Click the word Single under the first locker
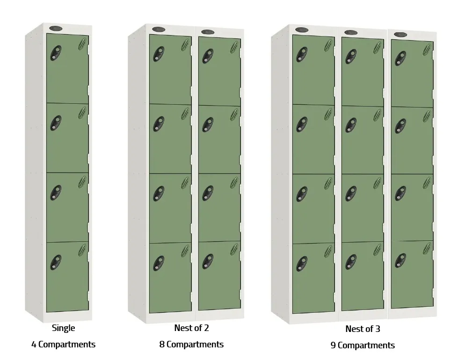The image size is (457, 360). pos(63,328)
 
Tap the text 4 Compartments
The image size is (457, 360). pos(63,345)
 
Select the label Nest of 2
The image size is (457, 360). pos(191,328)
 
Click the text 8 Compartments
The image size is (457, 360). pos(191,345)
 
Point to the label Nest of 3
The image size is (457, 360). pos(363,329)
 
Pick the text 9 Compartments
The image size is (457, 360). pos(363,346)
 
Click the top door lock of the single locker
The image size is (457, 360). pos(56,53)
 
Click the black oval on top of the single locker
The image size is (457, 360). pos(55,29)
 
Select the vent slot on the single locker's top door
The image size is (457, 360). pos(82,43)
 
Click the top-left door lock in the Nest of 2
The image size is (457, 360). pos(159,54)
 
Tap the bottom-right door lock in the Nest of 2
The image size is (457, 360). pos(208,261)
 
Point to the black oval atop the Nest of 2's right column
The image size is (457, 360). pos(208,32)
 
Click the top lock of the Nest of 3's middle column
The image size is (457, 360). pos(351,56)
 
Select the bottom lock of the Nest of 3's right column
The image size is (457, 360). pos(400,260)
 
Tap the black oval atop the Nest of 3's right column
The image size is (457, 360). pos(400,35)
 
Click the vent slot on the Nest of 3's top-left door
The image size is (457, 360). pos(328,45)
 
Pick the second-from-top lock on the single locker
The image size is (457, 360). pos(56,123)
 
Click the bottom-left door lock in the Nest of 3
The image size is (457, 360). pos(302,263)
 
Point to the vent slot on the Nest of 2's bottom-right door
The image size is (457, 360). pos(234,250)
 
